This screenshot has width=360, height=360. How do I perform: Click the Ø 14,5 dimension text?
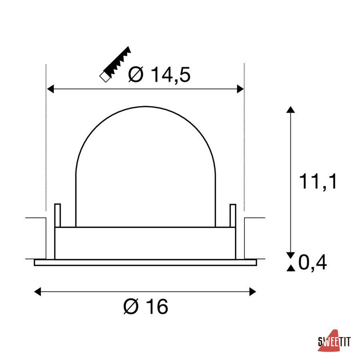[x=159, y=75]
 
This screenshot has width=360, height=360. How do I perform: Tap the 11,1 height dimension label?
[x=318, y=182]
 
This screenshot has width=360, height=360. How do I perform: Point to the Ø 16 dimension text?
[x=146, y=306]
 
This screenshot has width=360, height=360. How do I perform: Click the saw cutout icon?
[x=115, y=64]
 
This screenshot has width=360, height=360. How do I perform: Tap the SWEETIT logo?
[x=334, y=341]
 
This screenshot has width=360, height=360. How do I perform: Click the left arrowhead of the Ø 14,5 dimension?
[x=50, y=89]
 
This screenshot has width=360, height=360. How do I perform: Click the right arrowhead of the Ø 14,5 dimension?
[x=240, y=89]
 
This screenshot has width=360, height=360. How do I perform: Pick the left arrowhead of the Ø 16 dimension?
[x=38, y=292]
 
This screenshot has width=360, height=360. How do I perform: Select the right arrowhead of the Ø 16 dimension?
[x=253, y=292]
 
